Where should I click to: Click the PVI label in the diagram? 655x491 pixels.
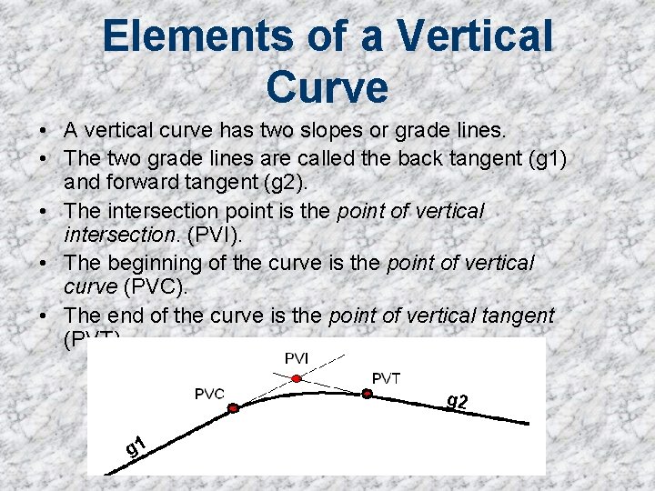pyautogui.click(x=297, y=358)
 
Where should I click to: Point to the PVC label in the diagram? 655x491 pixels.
pyautogui.click(x=209, y=394)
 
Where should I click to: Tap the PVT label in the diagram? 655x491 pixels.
pyautogui.click(x=386, y=377)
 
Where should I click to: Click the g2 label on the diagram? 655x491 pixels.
pyautogui.click(x=457, y=401)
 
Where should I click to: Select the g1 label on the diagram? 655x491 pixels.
pyautogui.click(x=136, y=446)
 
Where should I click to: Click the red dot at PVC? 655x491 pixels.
pyautogui.click(x=233, y=408)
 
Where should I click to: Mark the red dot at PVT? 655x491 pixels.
pyautogui.click(x=367, y=394)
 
